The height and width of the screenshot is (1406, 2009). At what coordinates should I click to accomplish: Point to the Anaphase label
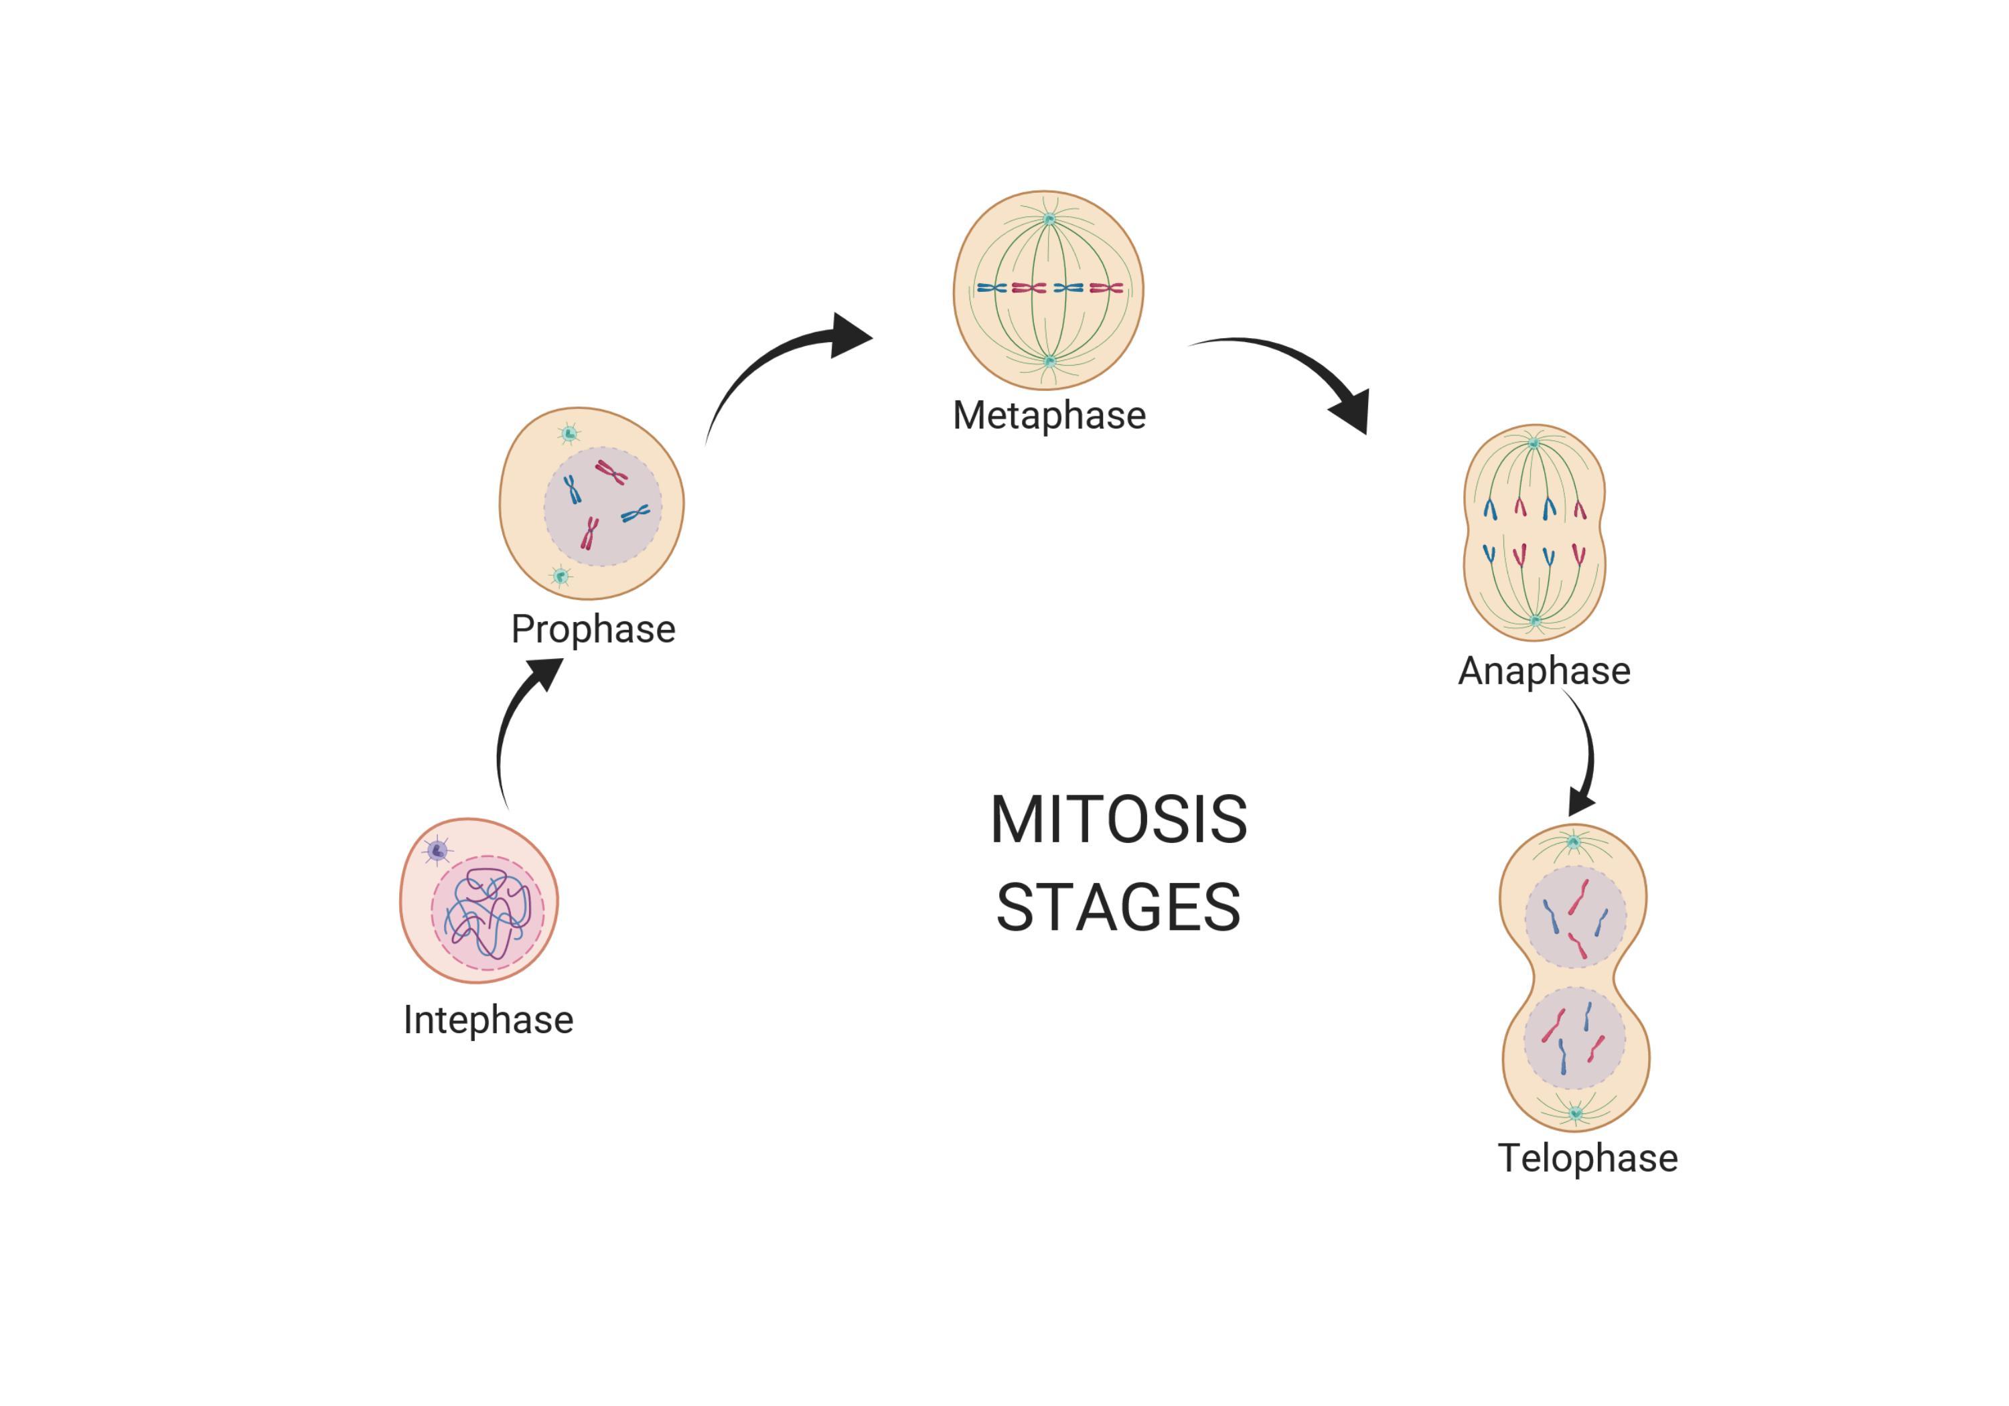(x=1544, y=671)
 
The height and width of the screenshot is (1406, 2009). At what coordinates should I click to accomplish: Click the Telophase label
(x=1587, y=1158)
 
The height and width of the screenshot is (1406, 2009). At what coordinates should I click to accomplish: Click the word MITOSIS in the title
(x=1118, y=821)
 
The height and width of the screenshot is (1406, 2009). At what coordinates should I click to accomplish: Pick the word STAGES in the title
(x=1118, y=908)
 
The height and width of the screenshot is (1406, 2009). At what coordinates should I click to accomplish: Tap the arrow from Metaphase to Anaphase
(x=1295, y=368)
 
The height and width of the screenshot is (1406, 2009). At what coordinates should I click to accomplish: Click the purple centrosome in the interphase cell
(x=437, y=850)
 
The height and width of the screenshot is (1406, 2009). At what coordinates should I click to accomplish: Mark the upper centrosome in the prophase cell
(x=569, y=433)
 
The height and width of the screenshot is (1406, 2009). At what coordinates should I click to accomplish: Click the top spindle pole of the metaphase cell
(x=1049, y=220)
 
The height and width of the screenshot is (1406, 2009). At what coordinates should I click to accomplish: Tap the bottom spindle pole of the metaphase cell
(x=1050, y=360)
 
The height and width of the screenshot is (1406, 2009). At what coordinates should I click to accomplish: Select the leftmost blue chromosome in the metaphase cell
(x=991, y=288)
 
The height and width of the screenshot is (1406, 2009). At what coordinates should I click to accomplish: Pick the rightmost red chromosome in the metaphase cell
(x=1106, y=288)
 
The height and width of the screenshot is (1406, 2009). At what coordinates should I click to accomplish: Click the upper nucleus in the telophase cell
(x=1575, y=917)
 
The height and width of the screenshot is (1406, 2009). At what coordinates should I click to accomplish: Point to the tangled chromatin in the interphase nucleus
(x=488, y=915)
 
